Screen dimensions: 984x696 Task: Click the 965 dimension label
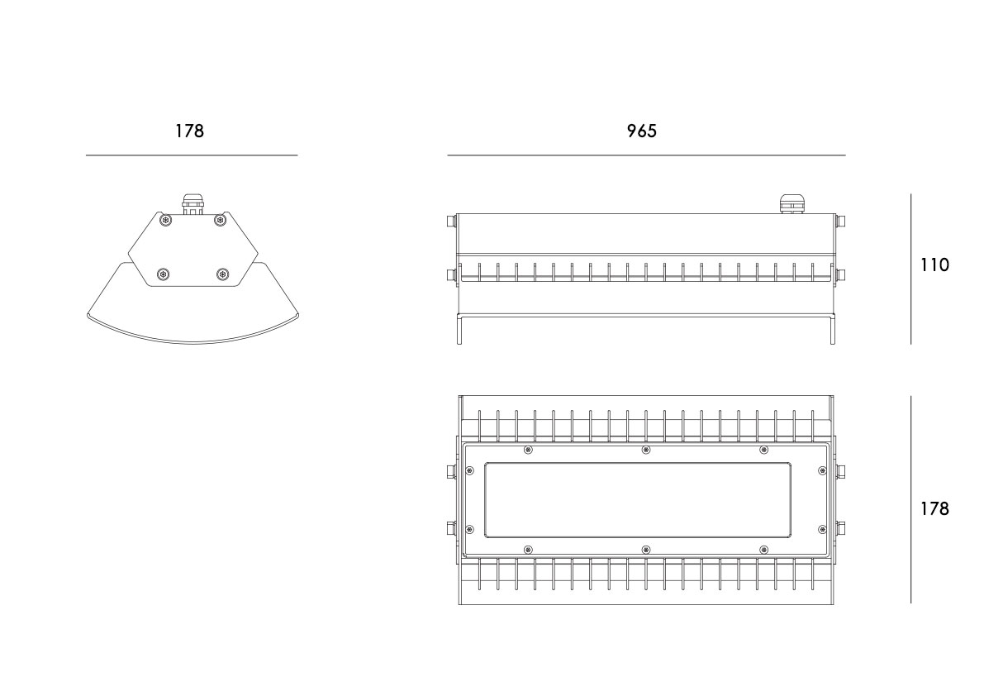click(641, 131)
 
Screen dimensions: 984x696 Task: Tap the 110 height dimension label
click(934, 265)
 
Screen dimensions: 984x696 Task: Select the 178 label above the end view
click(189, 131)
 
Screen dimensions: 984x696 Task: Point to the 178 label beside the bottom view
click(934, 508)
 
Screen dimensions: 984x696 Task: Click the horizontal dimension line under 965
click(646, 155)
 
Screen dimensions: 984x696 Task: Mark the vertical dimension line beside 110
click(911, 269)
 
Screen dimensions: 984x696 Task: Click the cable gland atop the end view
click(192, 204)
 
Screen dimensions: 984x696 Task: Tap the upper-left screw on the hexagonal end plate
click(165, 220)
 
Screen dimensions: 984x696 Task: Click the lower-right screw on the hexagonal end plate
click(222, 274)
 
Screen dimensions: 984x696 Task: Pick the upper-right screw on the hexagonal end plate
click(220, 220)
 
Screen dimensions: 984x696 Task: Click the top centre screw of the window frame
click(646, 450)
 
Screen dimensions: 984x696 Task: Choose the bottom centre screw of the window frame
click(646, 550)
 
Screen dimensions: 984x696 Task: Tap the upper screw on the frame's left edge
click(469, 470)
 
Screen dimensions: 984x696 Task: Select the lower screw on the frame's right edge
click(822, 529)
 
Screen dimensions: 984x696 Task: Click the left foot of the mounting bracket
click(459, 330)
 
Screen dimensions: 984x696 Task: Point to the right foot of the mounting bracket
click(833, 330)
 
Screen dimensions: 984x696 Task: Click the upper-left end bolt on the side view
click(450, 221)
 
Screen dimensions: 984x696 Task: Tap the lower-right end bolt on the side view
click(841, 275)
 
